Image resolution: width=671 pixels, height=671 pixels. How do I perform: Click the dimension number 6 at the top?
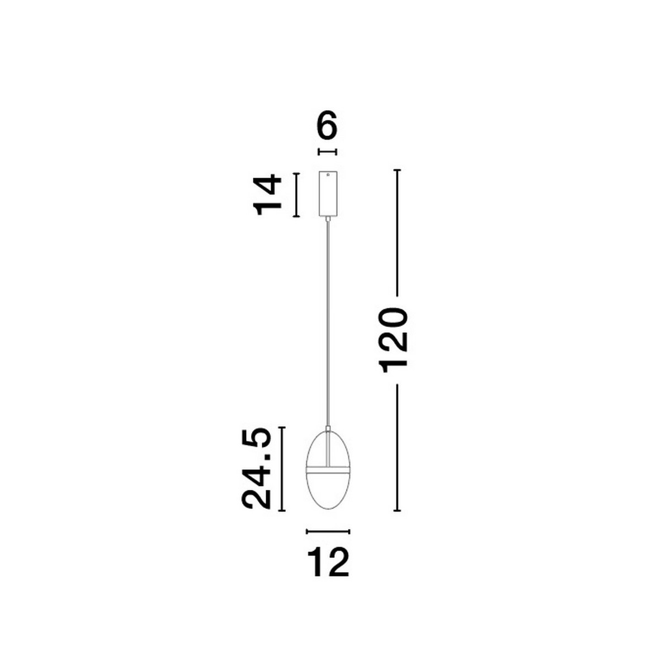coord(328,127)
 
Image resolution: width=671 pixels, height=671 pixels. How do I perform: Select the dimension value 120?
coord(394,339)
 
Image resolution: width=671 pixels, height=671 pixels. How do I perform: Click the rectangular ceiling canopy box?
coord(328,193)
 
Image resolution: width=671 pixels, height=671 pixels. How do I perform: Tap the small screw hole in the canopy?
coord(328,175)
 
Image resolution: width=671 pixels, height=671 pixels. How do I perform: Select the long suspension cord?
coord(328,324)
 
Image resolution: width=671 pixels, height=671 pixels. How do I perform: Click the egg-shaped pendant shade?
coord(328,492)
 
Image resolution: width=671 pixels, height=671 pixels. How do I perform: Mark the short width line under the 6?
coord(328,152)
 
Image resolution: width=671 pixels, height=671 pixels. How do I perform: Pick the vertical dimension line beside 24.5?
coord(282,469)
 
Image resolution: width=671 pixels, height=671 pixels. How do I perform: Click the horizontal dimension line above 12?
coord(328,531)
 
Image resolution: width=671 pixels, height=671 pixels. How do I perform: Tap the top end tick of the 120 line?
coord(398,170)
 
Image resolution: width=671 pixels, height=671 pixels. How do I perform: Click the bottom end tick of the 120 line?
coord(398,511)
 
